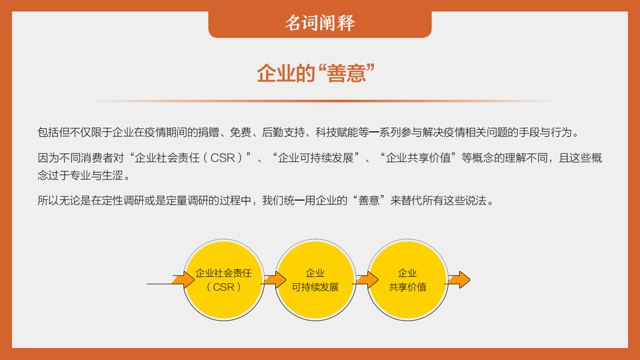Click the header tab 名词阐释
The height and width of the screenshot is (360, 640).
click(320, 23)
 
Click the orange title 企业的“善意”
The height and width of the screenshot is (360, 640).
click(316, 73)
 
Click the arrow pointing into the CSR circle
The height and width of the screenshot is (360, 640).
click(183, 279)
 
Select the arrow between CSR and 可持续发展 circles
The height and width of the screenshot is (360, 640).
click(274, 279)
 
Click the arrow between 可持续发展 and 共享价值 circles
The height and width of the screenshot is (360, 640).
click(367, 279)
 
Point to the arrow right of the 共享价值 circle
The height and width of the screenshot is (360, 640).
click(459, 279)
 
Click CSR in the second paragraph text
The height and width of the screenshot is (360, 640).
click(223, 158)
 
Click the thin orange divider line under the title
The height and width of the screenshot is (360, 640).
click(321, 101)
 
